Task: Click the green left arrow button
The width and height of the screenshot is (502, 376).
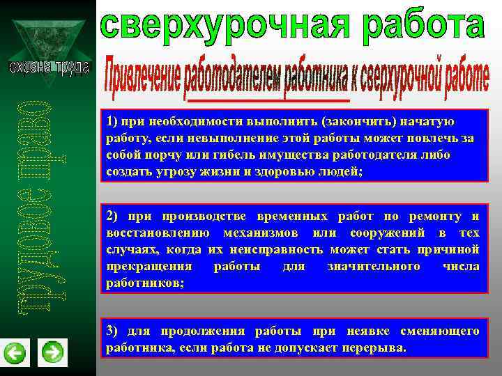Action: coord(15,354)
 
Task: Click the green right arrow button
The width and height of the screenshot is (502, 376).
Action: coord(52,353)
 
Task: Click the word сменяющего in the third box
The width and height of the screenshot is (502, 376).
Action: coord(439,330)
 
